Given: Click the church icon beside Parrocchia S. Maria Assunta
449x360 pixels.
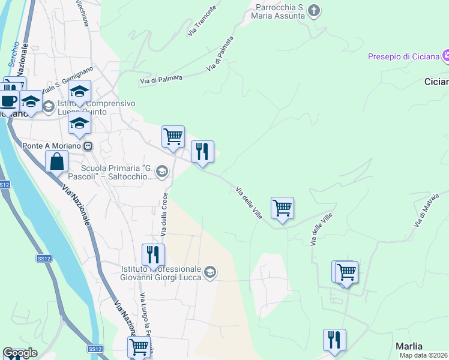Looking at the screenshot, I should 314,10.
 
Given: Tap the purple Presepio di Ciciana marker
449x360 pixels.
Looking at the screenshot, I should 445,56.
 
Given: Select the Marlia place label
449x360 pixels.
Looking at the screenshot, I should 409,346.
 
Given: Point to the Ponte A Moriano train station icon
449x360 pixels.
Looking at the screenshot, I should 88,145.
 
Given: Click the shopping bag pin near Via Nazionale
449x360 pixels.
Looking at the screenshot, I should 56,161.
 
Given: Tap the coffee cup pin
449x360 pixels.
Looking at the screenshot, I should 8,100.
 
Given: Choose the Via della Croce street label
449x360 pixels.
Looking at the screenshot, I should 163,214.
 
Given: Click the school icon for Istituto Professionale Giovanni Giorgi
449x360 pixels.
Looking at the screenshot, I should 209,272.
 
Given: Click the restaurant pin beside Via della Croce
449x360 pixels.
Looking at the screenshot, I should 153,255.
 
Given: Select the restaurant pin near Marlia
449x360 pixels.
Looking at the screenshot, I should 334,340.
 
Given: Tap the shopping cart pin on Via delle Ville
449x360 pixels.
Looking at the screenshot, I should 282,208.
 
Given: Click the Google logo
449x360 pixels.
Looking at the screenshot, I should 20,353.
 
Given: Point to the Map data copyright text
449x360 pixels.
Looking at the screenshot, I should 423,355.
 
